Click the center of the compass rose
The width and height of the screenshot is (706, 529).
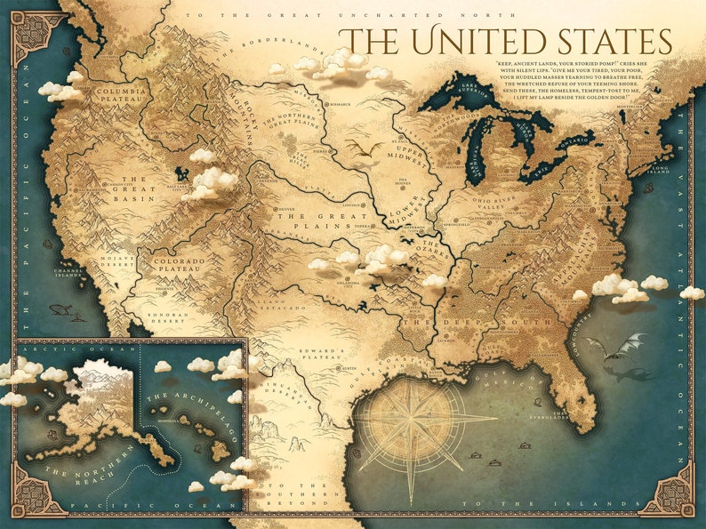(x=412, y=422)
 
